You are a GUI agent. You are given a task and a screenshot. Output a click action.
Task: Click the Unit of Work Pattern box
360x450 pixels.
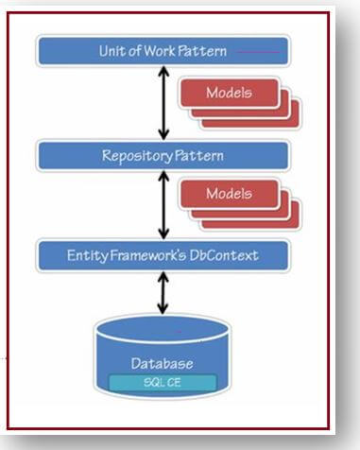[163, 50]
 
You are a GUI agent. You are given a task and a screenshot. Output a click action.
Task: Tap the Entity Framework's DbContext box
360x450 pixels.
[163, 255]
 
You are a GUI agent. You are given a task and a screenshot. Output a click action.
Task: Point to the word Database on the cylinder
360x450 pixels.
[163, 363]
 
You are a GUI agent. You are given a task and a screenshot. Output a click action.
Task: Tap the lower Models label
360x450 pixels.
[231, 193]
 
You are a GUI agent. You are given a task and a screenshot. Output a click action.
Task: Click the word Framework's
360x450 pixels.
[146, 255]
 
